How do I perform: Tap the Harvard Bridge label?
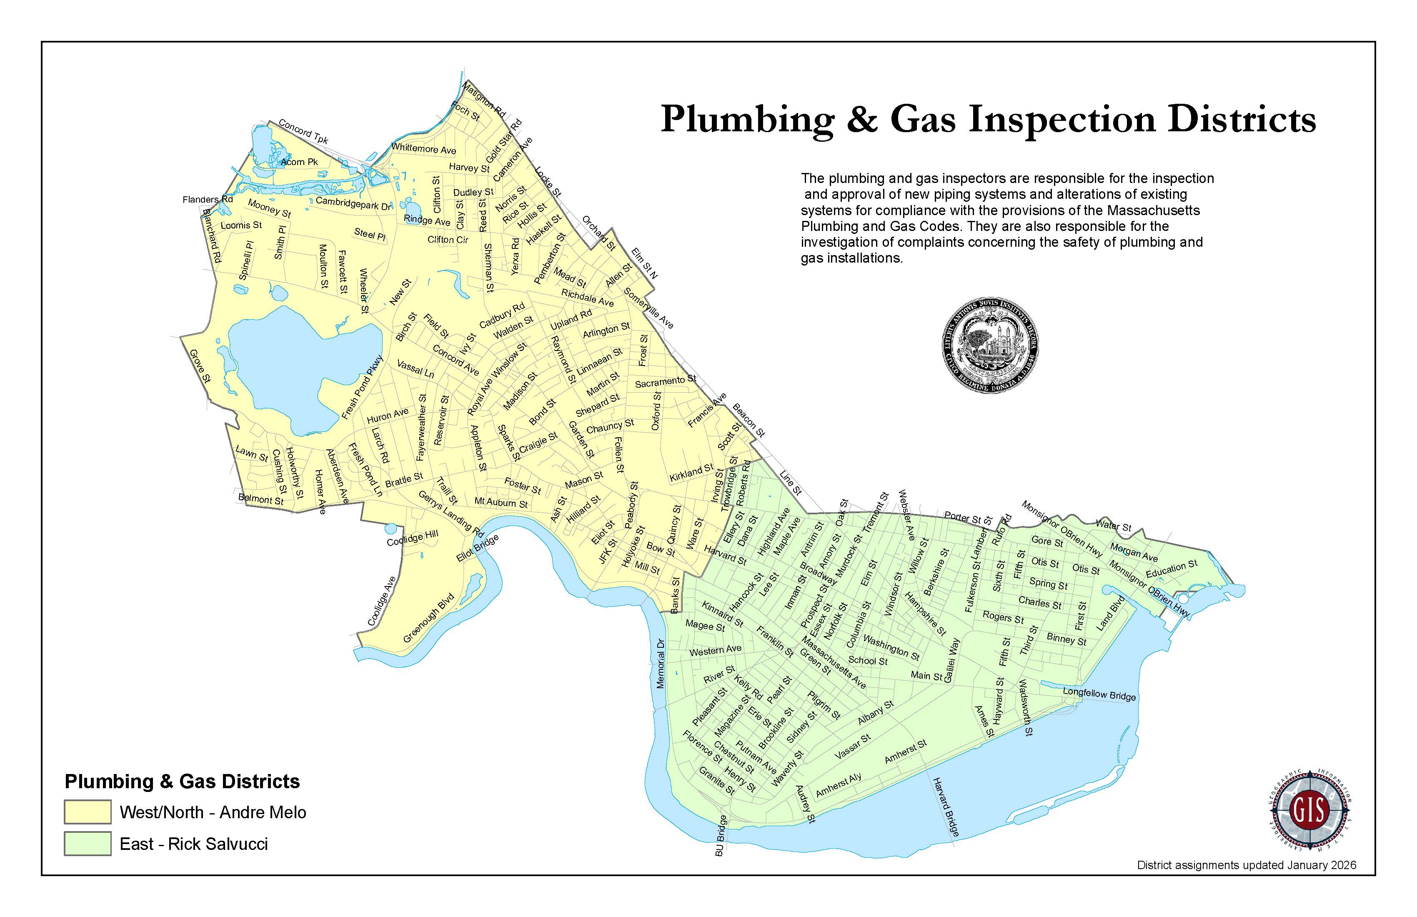(946, 807)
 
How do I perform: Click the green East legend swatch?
(88, 843)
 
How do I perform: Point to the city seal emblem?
(990, 346)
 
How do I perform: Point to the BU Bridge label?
(721, 836)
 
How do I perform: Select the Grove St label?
(200, 366)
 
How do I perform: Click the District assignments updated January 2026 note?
(1246, 881)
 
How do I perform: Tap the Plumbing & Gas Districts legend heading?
(182, 781)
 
